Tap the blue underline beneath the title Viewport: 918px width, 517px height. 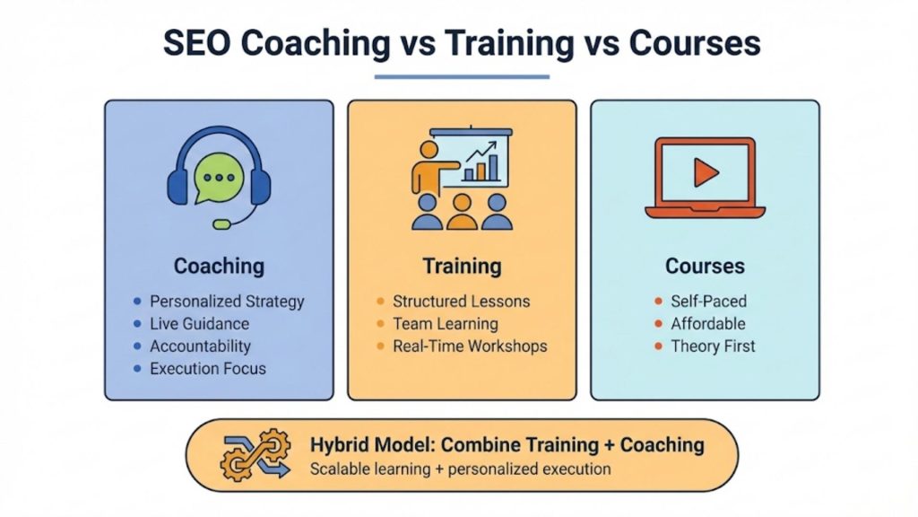pyautogui.click(x=461, y=76)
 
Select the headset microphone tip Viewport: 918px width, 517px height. pyautogui.click(x=218, y=223)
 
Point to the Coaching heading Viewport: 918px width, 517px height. pyautogui.click(x=219, y=266)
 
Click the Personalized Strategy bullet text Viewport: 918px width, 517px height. pyautogui.click(x=227, y=302)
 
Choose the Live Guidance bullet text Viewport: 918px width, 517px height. pyautogui.click(x=199, y=324)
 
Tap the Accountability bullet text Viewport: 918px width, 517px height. pyautogui.click(x=200, y=346)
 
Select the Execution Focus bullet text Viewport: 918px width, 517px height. pyautogui.click(x=208, y=368)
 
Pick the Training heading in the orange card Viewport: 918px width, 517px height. pyautogui.click(x=462, y=266)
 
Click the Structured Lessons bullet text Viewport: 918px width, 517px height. pyautogui.click(x=461, y=302)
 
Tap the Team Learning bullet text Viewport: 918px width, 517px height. pyautogui.click(x=445, y=324)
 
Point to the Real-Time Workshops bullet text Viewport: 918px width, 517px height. pyautogui.click(x=470, y=346)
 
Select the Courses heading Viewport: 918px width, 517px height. pyautogui.click(x=705, y=266)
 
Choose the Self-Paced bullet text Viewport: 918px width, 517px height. pyautogui.click(x=708, y=302)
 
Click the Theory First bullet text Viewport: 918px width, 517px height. pyautogui.click(x=713, y=346)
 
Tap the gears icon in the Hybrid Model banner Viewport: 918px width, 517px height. pyautogui.click(x=255, y=456)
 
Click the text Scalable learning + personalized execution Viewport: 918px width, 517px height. pyautogui.click(x=460, y=469)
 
